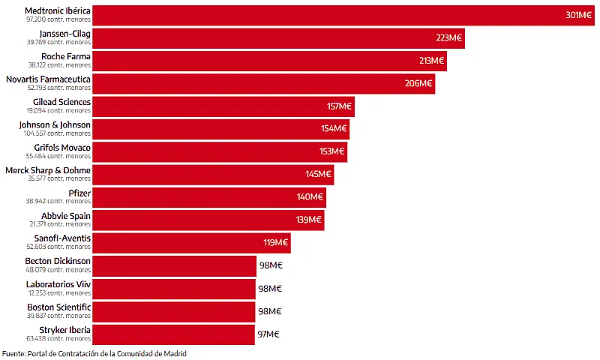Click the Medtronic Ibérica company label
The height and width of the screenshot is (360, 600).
[x=58, y=11]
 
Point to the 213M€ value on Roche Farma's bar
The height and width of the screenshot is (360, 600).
[x=431, y=61]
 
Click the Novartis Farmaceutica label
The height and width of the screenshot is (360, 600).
[x=48, y=79]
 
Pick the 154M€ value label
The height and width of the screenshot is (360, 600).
[x=334, y=129]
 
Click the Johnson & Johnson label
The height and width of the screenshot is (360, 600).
[x=55, y=124]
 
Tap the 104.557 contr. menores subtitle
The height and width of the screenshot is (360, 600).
[x=57, y=133]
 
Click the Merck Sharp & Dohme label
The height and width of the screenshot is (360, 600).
[x=48, y=170]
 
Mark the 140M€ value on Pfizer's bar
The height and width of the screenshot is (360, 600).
[x=310, y=197]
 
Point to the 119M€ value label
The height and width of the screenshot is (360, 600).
[x=275, y=243]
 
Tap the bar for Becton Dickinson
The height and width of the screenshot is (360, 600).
[x=172, y=265]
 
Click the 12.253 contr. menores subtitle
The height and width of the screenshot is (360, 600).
[x=58, y=292]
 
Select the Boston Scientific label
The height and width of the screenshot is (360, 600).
[x=59, y=307]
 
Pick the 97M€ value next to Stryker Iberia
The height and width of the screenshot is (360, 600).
[x=269, y=334]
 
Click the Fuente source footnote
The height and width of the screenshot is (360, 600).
[x=94, y=353]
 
